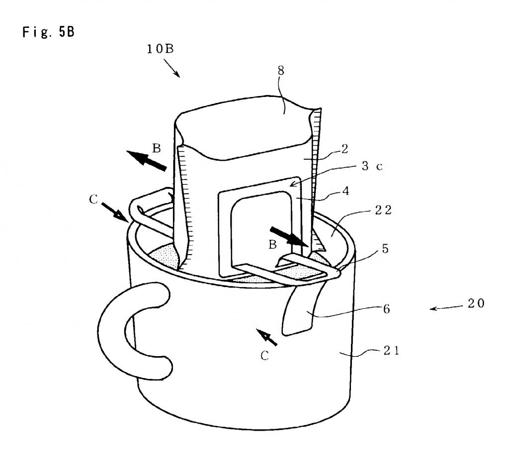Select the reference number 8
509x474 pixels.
coord(281,71)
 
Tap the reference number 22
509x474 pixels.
coord(382,210)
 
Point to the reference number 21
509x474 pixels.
coord(391,351)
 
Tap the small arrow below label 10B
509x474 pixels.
coord(174,69)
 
